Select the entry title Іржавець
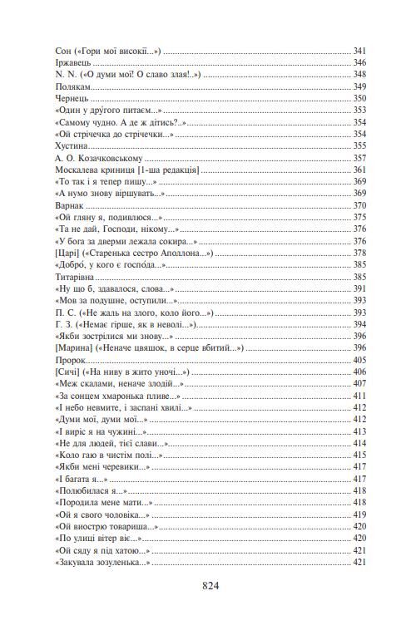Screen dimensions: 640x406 [x=70, y=62]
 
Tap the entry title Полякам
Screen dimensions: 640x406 [x=69, y=86]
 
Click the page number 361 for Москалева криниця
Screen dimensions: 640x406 [x=359, y=170]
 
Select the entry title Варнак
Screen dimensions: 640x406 [x=67, y=205]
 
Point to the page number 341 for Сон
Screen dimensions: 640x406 [x=359, y=51]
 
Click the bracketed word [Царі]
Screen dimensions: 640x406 [x=65, y=253]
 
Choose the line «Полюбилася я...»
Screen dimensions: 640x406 [x=87, y=491]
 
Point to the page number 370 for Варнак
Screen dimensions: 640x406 [x=359, y=205]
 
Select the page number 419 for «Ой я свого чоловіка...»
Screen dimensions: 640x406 [x=359, y=515]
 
